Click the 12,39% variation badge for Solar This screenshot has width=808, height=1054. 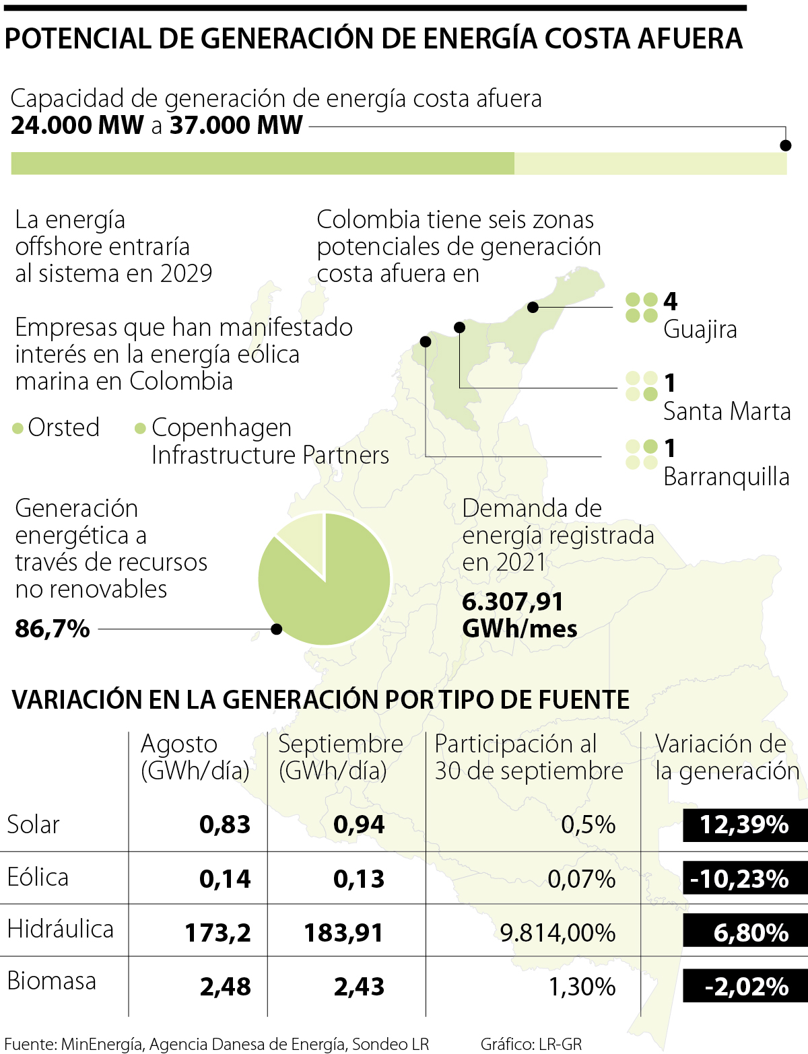tap(744, 824)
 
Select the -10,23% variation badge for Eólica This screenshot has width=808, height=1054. tap(744, 878)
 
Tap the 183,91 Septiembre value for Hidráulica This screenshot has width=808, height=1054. tap(343, 933)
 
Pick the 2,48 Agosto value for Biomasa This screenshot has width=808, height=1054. tap(225, 987)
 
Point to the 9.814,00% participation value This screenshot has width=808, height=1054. tap(558, 933)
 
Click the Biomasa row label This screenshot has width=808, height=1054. tap(51, 981)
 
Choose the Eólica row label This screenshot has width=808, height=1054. tap(38, 877)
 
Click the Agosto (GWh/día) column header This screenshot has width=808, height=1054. tap(195, 757)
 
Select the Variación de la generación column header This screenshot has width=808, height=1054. tap(727, 757)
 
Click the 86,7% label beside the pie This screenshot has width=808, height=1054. tap(53, 629)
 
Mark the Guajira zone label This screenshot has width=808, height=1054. tap(700, 330)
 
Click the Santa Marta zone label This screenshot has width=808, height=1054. tap(727, 411)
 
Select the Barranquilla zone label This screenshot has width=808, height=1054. tap(726, 477)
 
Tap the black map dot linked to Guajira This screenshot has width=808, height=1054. tap(533, 308)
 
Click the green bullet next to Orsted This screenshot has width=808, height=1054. tap(18, 429)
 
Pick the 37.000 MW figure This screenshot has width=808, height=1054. tap(236, 125)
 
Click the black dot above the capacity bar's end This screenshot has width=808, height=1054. tap(785, 145)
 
